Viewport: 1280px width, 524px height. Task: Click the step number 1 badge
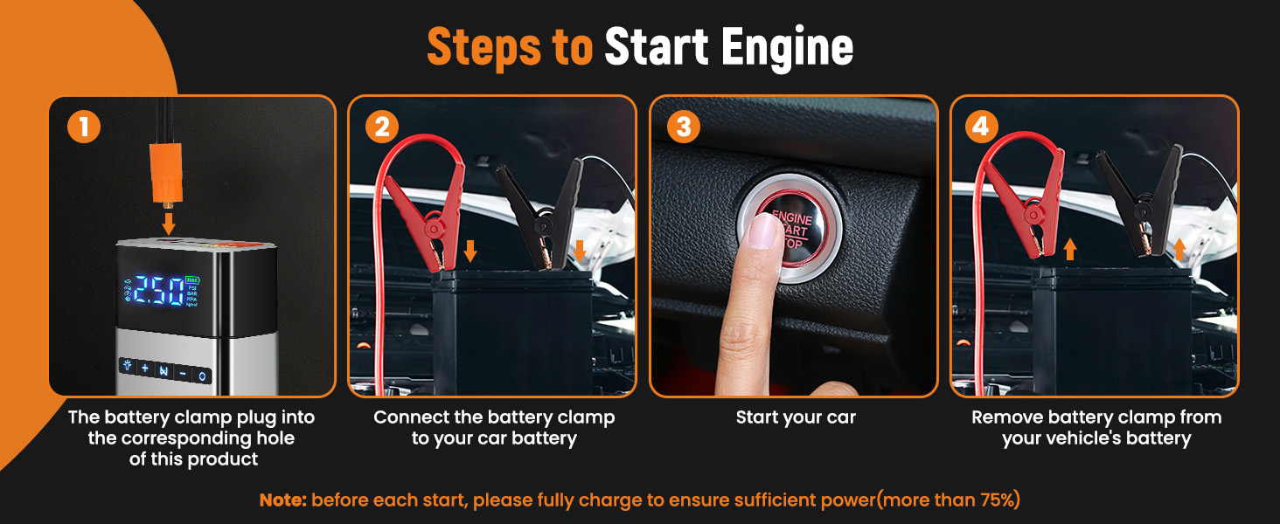click(x=84, y=127)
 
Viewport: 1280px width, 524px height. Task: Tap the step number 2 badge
click(x=382, y=127)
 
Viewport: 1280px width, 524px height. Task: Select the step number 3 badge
click(x=684, y=127)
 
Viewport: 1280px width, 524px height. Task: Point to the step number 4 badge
click(x=981, y=127)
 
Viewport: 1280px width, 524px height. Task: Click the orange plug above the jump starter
click(x=166, y=174)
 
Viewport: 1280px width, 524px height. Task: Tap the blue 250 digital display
click(x=160, y=292)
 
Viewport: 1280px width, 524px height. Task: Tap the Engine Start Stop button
click(x=790, y=228)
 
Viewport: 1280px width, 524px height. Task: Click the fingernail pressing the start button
click(x=762, y=231)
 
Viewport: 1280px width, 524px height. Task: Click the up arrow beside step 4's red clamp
click(x=1070, y=250)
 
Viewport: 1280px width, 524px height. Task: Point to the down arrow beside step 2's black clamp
click(x=580, y=251)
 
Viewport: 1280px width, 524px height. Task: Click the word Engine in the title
click(x=787, y=47)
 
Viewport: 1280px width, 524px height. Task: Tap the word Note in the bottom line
click(x=283, y=500)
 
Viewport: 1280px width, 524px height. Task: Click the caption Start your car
click(x=796, y=417)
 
